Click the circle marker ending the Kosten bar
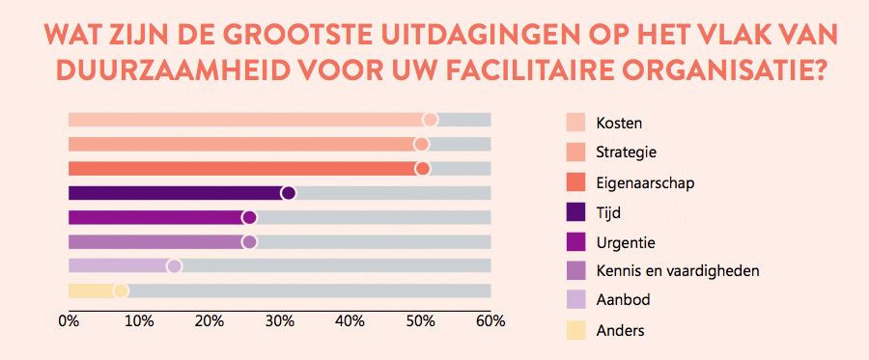[x=431, y=120]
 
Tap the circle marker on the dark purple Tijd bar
[x=288, y=193]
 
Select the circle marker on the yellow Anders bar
[x=121, y=291]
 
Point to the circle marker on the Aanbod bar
[x=174, y=266]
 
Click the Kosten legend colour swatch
[x=575, y=124]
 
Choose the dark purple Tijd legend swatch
[x=575, y=212]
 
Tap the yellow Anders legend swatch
[x=575, y=330]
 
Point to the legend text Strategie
[x=627, y=152]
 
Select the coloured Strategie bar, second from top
[x=241, y=144]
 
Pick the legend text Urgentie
[x=626, y=241]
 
